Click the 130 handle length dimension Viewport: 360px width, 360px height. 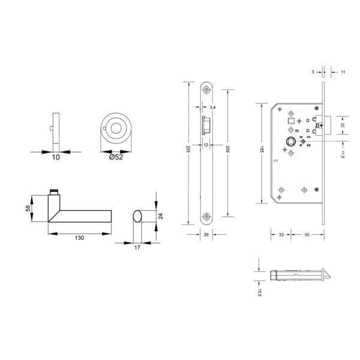point(80,238)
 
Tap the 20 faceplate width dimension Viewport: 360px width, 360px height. point(206,235)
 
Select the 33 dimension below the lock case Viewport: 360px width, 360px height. point(281,235)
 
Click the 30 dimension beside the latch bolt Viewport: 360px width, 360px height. point(342,125)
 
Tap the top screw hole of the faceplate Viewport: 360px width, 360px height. point(207,90)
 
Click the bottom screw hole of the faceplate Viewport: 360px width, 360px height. point(207,216)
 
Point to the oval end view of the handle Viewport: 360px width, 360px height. point(138,217)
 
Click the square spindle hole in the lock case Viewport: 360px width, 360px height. point(289,142)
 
